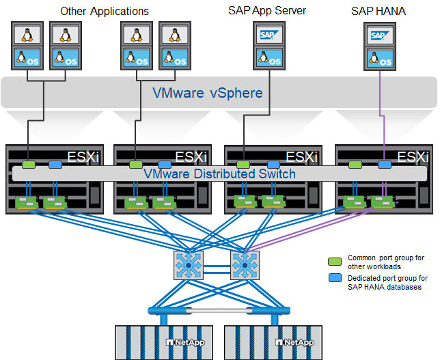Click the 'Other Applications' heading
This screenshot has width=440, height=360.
[105, 11]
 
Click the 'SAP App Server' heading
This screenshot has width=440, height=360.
[267, 11]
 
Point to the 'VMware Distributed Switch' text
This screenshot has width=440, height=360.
[219, 174]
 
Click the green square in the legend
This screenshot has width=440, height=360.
[334, 262]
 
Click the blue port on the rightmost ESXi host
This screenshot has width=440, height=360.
[385, 165]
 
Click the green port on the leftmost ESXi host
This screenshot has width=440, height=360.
[28, 165]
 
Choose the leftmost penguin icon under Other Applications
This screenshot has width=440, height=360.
[27, 34]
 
